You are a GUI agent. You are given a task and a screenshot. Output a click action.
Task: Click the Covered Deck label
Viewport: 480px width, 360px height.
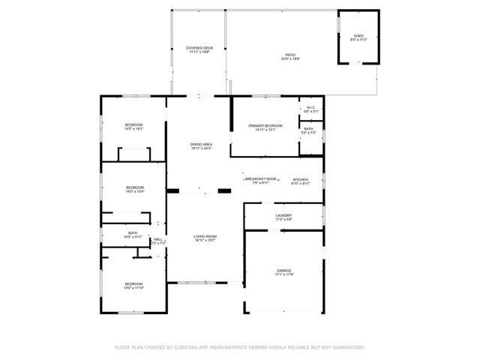click(199, 48)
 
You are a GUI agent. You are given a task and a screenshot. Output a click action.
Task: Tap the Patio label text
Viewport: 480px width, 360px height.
click(289, 55)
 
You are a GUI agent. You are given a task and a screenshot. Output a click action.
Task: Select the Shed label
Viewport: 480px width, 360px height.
click(358, 36)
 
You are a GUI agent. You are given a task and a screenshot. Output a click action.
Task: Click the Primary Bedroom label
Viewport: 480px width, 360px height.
click(265, 125)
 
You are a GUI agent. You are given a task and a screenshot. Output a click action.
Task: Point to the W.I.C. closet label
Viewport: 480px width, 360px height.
click(311, 108)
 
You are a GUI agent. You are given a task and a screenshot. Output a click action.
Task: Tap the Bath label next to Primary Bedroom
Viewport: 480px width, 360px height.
click(308, 128)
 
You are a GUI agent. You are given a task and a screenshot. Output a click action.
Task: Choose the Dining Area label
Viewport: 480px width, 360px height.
click(200, 144)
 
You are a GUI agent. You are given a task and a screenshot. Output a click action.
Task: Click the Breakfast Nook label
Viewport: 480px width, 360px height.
click(261, 179)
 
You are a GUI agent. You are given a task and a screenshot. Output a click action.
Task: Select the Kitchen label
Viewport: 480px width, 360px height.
click(300, 179)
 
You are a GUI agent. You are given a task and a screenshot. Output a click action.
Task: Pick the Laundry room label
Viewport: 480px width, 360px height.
click(283, 215)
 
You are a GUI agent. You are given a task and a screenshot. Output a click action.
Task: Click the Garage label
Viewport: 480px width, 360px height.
click(283, 270)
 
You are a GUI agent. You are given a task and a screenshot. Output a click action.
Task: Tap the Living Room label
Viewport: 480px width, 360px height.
click(205, 236)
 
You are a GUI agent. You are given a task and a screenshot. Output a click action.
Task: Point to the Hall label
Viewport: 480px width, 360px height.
click(158, 239)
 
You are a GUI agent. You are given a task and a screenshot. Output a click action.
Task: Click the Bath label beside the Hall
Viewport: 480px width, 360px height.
click(132, 232)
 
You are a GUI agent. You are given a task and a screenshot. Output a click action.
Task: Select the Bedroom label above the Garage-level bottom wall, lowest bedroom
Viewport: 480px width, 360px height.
click(134, 283)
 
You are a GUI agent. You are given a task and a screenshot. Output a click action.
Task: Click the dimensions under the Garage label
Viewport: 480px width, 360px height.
click(283, 274)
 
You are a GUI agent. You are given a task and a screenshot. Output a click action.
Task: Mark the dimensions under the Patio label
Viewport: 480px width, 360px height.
click(289, 59)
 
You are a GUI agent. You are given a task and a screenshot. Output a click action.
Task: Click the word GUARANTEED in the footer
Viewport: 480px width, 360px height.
click(347, 347)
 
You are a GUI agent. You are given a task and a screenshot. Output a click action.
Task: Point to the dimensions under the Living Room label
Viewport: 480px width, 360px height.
click(205, 241)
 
